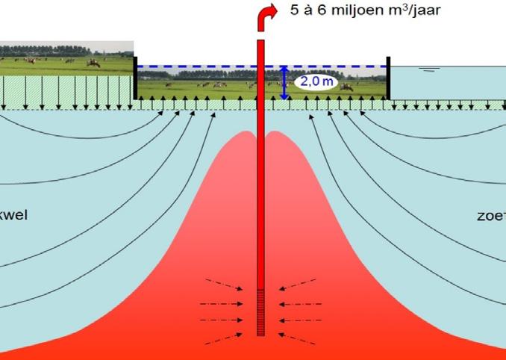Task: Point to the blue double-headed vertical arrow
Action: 284,82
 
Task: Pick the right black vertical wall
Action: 388,77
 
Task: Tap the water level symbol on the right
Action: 428,71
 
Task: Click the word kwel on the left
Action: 14,216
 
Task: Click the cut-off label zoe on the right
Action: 491,216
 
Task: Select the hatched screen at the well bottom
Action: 260,313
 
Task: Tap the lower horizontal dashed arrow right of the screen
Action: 300,322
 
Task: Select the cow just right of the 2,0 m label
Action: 346,87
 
